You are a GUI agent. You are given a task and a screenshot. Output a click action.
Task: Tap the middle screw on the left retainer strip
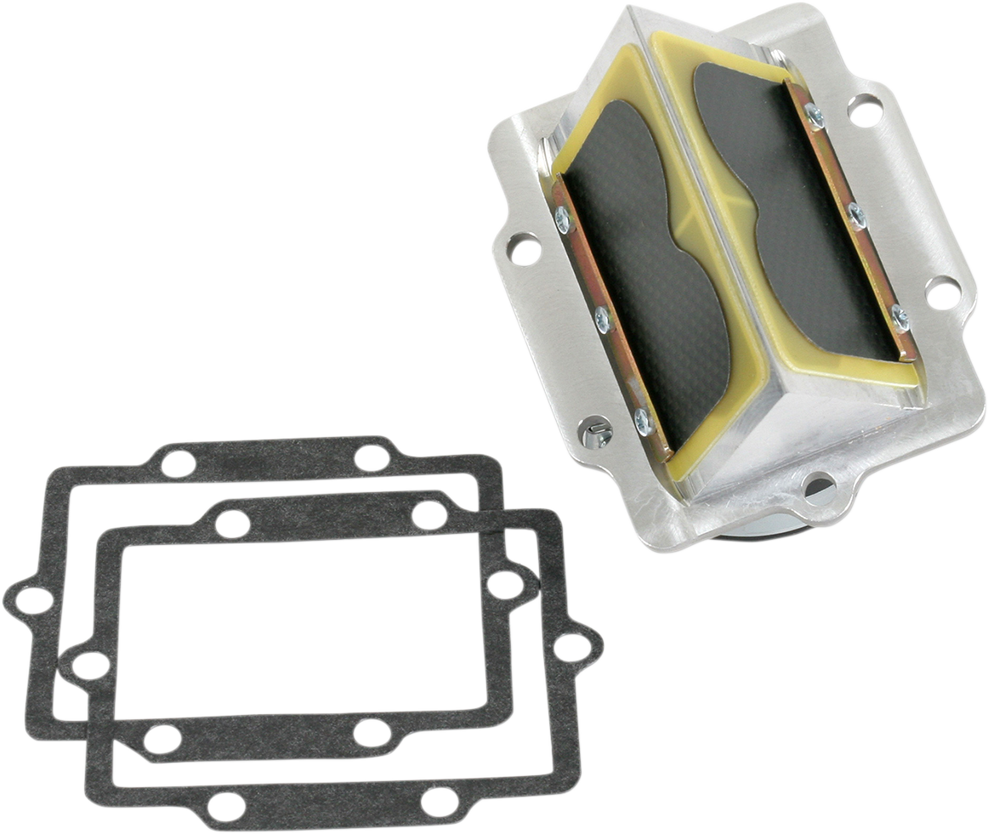click(x=602, y=319)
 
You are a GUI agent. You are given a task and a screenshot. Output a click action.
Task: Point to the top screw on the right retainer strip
click(x=815, y=115)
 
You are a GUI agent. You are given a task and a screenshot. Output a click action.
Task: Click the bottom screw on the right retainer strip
click(x=899, y=317)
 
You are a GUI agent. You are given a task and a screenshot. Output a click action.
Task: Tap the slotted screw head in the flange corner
click(x=593, y=434)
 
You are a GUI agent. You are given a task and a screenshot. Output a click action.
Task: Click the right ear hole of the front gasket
click(x=569, y=648)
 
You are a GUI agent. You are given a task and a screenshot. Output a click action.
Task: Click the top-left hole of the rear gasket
click(x=178, y=463)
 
